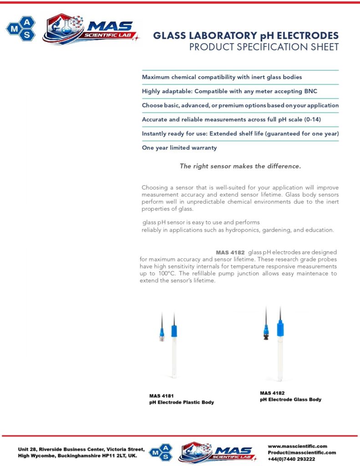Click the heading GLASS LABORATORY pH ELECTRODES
[246, 35]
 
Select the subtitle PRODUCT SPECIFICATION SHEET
[264, 47]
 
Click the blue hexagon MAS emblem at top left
[20, 28]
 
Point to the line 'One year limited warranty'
[179, 148]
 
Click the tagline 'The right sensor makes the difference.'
[240, 166]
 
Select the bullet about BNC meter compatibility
[229, 91]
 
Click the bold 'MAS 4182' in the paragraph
[230, 252]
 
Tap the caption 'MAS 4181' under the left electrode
[162, 396]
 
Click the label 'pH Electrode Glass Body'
[290, 400]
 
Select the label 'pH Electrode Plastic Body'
[181, 403]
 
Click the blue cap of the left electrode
[174, 331]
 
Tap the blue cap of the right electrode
[280, 327]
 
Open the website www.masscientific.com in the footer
[297, 446]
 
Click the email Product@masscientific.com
[302, 453]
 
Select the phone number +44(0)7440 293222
[291, 459]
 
